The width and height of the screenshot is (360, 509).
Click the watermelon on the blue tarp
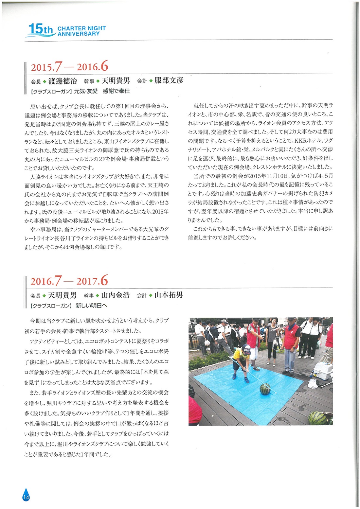pyautogui.click(x=264, y=389)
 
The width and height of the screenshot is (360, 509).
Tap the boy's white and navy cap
pyautogui.click(x=246, y=348)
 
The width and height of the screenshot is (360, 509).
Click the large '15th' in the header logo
pyautogui.click(x=40, y=30)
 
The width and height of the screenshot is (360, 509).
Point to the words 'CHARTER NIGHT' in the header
pyautogui.click(x=81, y=28)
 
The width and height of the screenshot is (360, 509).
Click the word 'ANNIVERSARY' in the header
pyautogui.click(x=79, y=34)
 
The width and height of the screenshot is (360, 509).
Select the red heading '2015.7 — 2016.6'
pyautogui.click(x=69, y=67)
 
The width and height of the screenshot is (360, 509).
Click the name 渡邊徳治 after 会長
pyautogui.click(x=63, y=81)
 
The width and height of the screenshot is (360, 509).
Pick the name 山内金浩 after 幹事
pyautogui.click(x=115, y=295)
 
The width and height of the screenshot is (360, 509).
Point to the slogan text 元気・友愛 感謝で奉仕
pyautogui.click(x=102, y=91)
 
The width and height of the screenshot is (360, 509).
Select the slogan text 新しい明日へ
pyautogui.click(x=91, y=306)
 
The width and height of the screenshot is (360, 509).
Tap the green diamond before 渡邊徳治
pyautogui.click(x=45, y=81)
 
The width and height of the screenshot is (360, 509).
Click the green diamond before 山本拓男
pyautogui.click(x=151, y=295)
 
